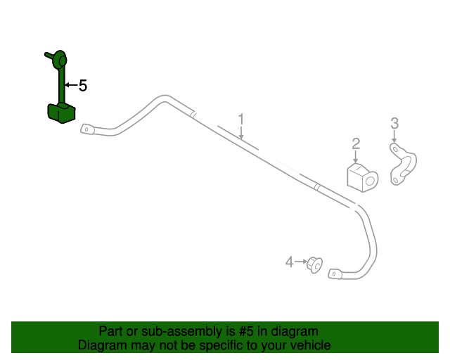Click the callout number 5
point(83,86)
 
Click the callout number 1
point(240,119)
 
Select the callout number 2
point(356,144)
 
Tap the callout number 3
point(394,124)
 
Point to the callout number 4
point(289,262)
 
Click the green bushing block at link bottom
point(60,112)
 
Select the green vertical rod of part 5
point(60,84)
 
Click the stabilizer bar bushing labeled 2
point(361,176)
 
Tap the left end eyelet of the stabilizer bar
point(89,129)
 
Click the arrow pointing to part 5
point(70,86)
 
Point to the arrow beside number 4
point(300,262)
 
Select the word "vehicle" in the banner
point(309,345)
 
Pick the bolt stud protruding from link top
point(49,53)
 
